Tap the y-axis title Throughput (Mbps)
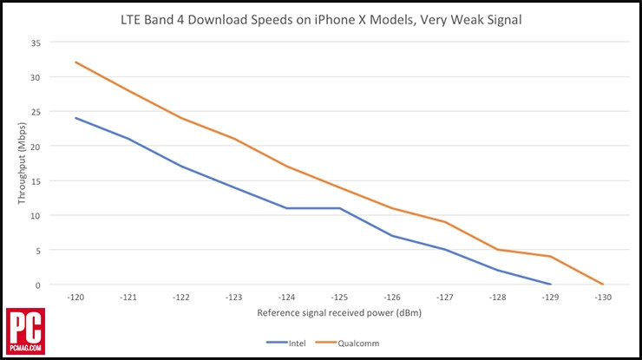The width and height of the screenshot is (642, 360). [x=23, y=164]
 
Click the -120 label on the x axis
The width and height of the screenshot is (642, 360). [x=76, y=297]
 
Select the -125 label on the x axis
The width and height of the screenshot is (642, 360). [x=339, y=297]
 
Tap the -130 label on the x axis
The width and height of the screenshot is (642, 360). [x=602, y=297]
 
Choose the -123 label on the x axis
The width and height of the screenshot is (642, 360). [x=234, y=297]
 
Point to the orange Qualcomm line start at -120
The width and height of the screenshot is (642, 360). [x=76, y=62]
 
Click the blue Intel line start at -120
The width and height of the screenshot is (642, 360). [x=76, y=118]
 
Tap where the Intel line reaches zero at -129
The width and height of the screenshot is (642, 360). [x=550, y=284]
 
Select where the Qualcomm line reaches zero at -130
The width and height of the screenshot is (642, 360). [x=602, y=284]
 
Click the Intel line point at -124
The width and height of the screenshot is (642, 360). [x=287, y=208]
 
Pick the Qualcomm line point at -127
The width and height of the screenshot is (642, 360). [x=444, y=222]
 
